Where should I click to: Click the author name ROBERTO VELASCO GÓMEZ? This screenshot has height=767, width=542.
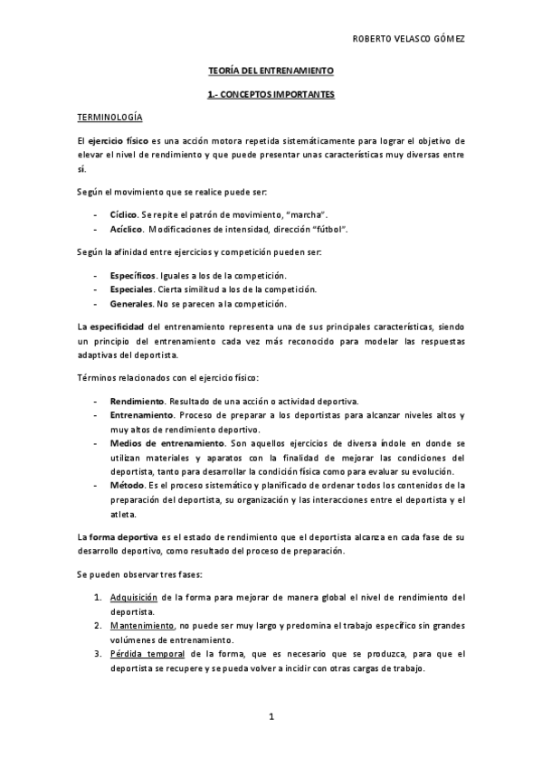(x=414, y=41)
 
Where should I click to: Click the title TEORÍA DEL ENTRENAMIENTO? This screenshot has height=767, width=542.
(x=271, y=70)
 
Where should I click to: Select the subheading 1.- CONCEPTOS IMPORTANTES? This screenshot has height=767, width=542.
(x=271, y=93)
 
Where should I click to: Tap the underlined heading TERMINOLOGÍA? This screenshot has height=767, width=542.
(x=109, y=118)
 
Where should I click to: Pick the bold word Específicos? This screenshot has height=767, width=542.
(x=132, y=275)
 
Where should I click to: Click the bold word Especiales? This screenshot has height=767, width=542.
(x=130, y=289)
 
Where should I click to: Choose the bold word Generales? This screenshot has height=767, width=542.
(x=130, y=303)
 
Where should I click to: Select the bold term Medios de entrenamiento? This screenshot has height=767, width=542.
(x=167, y=444)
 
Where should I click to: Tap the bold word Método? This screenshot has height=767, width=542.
(x=128, y=486)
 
